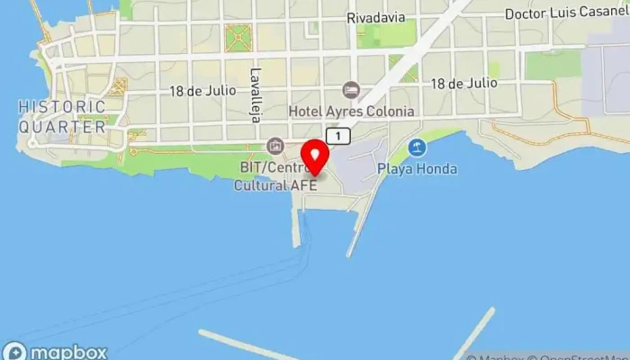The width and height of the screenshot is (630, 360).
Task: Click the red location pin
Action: (314, 157)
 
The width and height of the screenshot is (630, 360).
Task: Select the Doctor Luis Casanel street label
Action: (566, 14)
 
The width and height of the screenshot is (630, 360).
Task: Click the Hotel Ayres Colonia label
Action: (351, 112)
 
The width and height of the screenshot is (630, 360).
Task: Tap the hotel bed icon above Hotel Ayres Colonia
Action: (351, 91)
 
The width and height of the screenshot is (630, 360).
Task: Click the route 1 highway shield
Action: (337, 136)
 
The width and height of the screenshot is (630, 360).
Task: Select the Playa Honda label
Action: (417, 168)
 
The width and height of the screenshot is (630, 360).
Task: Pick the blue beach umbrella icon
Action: (416, 148)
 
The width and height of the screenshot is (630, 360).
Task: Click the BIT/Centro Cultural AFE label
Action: (275, 176)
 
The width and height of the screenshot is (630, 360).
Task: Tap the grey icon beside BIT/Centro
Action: (274, 146)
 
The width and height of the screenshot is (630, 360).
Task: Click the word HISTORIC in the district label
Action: (61, 107)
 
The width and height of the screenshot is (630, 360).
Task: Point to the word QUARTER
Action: (61, 127)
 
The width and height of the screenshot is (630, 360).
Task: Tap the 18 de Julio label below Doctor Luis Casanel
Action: (463, 83)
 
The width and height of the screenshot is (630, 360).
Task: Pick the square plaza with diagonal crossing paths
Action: (239, 38)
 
